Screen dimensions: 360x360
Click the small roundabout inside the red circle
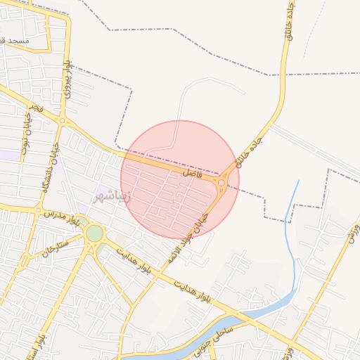(221, 184)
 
